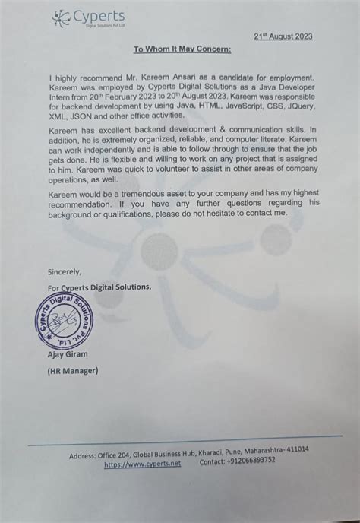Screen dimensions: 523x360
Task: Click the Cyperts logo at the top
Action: click(89, 17)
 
